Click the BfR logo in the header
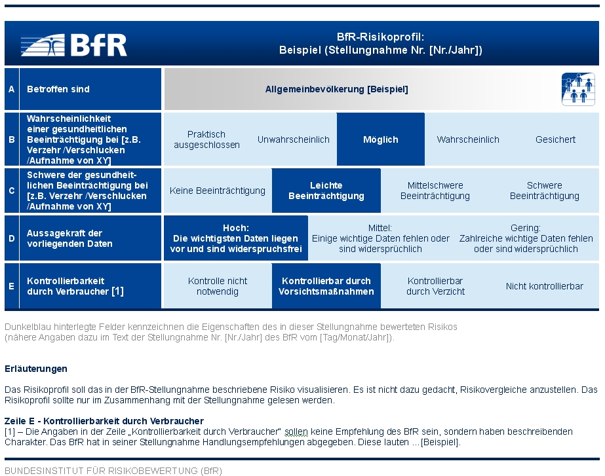[73, 45]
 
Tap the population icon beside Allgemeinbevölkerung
[578, 89]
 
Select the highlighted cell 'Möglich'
[381, 139]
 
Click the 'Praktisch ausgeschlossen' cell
[207, 139]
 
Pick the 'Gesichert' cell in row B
[555, 139]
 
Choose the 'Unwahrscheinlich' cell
[293, 139]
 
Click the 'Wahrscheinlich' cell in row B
[468, 139]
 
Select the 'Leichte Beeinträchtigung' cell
[326, 191]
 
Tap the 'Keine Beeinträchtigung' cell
[218, 191]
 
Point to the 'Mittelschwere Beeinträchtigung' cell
[435, 191]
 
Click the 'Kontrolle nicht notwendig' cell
[218, 286]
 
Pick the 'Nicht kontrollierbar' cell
[545, 286]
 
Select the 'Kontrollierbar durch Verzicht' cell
[435, 286]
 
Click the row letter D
[12, 238]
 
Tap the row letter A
[12, 90]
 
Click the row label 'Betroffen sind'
[58, 90]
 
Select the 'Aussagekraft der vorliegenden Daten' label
[69, 238]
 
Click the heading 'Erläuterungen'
[36, 369]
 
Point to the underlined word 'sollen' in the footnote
[296, 431]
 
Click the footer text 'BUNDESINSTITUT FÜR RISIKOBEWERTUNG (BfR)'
[113, 471]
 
